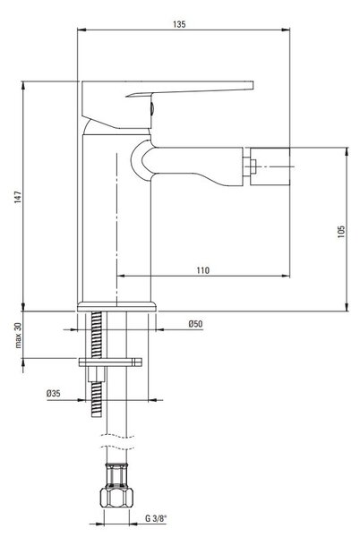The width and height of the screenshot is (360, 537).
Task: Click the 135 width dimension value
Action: click(x=179, y=24)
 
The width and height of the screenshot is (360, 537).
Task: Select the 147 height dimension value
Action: click(x=18, y=197)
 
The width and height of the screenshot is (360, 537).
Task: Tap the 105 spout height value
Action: click(x=341, y=232)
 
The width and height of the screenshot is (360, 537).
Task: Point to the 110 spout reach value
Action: click(x=202, y=270)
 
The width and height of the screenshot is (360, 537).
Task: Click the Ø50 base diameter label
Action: click(x=195, y=324)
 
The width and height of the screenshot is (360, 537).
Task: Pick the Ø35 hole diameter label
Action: click(x=54, y=393)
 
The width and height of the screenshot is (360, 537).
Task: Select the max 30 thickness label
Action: click(x=18, y=336)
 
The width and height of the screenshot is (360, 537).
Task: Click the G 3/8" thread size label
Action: click(x=156, y=518)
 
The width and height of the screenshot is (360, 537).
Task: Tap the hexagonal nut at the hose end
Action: click(x=116, y=498)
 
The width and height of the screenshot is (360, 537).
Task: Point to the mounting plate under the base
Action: click(x=110, y=362)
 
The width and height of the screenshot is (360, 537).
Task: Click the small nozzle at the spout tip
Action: click(x=250, y=166)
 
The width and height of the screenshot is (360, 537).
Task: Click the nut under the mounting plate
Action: click(x=96, y=374)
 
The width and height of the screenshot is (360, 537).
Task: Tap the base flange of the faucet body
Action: click(x=116, y=306)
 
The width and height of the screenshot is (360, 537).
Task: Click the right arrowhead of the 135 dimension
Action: click(x=286, y=30)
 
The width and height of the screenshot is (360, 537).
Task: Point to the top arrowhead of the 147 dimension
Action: click(x=23, y=86)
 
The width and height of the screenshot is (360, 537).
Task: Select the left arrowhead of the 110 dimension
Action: click(x=121, y=276)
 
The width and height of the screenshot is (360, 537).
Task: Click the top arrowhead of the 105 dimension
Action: click(x=347, y=152)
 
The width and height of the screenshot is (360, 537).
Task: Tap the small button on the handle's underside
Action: click(x=152, y=108)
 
